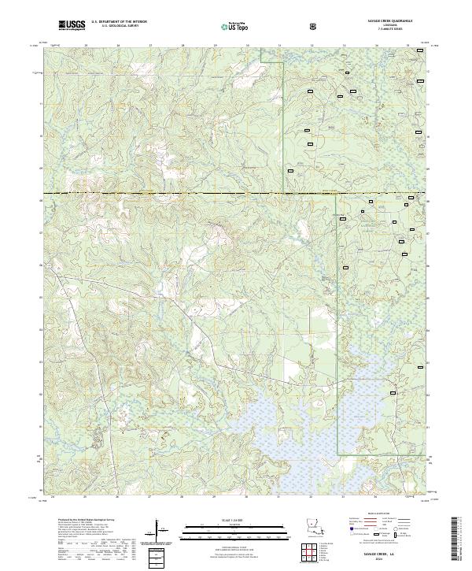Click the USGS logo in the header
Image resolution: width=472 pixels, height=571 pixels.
[72, 26]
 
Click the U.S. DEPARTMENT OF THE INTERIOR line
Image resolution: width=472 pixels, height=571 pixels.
[120, 22]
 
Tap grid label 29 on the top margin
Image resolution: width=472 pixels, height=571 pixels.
[215, 46]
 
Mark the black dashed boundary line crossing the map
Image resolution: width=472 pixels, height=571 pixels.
[236, 193]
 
